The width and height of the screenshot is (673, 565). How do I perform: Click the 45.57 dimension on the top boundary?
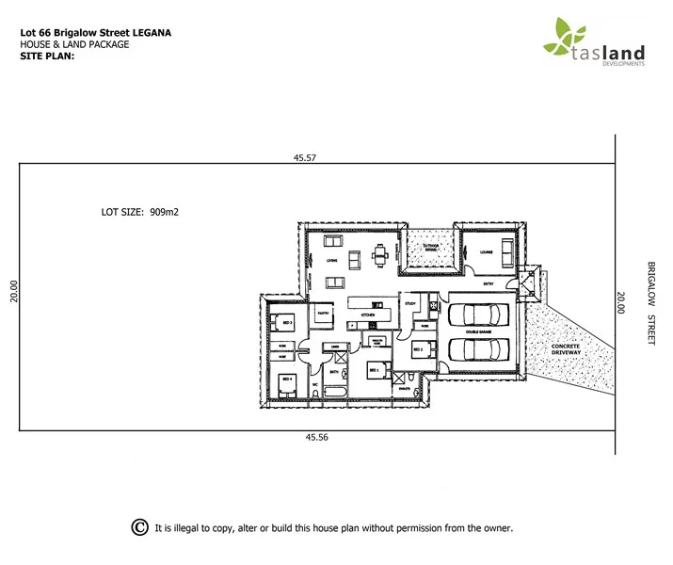click(304, 158)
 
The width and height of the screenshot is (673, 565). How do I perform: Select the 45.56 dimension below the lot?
click(316, 437)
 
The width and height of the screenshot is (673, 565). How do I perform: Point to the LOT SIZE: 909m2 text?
click(140, 213)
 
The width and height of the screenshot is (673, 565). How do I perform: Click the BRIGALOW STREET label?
click(649, 303)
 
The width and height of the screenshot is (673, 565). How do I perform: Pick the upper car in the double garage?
click(479, 315)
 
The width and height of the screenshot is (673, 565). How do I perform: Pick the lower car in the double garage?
click(479, 349)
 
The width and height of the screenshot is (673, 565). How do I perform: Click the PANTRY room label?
click(322, 313)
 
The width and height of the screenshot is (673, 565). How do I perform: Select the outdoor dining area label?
click(431, 248)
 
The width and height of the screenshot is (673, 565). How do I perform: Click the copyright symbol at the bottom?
click(139, 527)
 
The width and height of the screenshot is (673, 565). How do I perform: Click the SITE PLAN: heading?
click(46, 56)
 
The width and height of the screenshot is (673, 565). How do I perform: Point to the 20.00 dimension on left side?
click(12, 289)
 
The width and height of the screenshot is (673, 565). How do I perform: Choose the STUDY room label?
click(410, 303)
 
